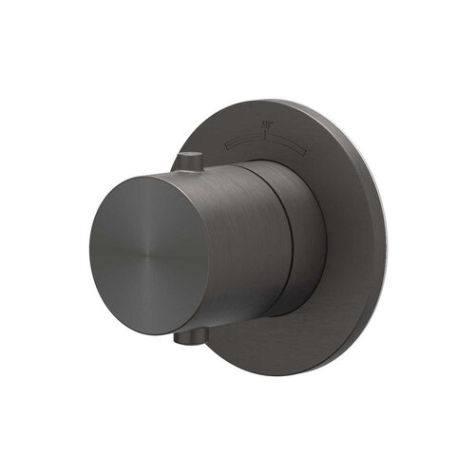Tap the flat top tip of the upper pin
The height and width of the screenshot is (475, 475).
[191, 153]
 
